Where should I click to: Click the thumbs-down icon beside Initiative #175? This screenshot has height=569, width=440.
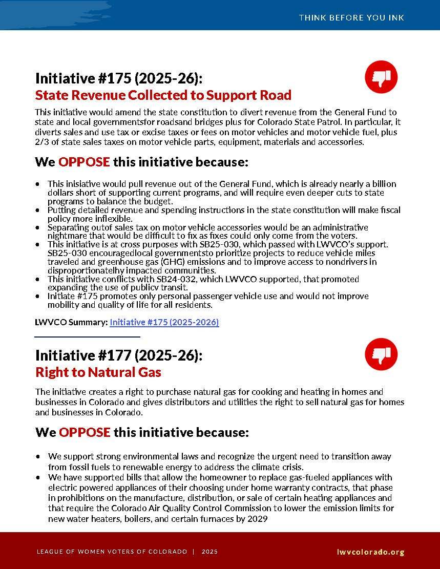pyautogui.click(x=381, y=77)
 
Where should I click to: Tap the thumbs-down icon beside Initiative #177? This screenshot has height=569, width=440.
pyautogui.click(x=381, y=354)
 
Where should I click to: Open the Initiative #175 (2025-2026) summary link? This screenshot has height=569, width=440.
pyautogui.click(x=164, y=322)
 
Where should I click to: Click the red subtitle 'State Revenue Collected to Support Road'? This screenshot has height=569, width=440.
pyautogui.click(x=163, y=95)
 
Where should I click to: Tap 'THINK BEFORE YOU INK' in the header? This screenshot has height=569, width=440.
pyautogui.click(x=351, y=17)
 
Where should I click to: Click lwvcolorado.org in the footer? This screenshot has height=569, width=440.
pyautogui.click(x=371, y=552)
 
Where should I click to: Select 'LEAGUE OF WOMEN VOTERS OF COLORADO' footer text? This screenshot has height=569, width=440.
pyautogui.click(x=112, y=552)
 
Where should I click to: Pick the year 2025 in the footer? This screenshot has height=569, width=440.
pyautogui.click(x=209, y=552)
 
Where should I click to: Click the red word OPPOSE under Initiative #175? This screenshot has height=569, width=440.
pyautogui.click(x=84, y=162)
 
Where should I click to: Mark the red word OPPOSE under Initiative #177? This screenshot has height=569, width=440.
pyautogui.click(x=85, y=432)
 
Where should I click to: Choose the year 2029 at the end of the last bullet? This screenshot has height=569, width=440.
pyautogui.click(x=258, y=519)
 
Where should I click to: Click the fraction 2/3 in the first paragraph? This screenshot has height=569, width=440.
pyautogui.click(x=41, y=142)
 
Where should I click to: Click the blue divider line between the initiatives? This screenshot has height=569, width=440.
pyautogui.click(x=88, y=336)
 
